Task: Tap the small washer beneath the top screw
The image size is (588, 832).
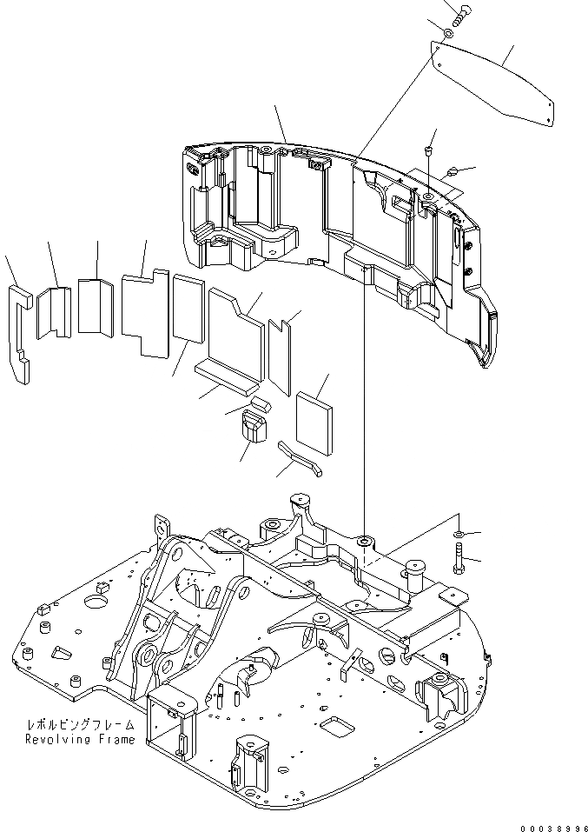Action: tap(446, 33)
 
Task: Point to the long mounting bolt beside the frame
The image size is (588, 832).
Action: tap(458, 556)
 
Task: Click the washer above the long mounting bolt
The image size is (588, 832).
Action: tap(459, 532)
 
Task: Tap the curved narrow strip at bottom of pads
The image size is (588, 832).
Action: tap(300, 458)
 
